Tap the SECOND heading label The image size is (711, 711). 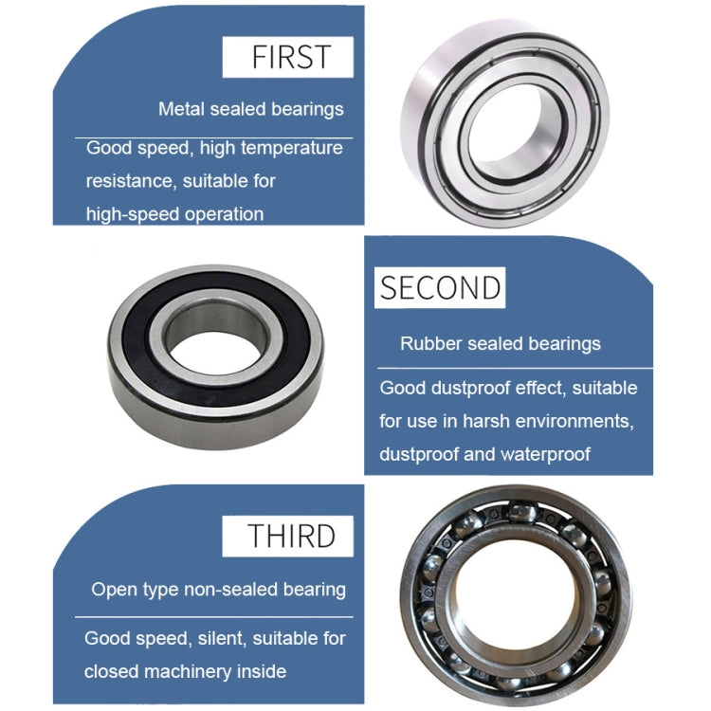coord(441,286)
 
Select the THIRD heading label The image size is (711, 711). coord(292,536)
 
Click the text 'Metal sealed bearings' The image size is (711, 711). coord(250,109)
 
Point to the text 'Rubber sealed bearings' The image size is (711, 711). coord(501,343)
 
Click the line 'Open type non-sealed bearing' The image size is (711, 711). coord(218,590)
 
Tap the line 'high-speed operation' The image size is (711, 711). coord(174,214)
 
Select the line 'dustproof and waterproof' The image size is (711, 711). coord(484,454)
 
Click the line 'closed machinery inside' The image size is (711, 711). coord(185,672)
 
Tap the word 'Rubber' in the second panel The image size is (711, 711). coord(430,343)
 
